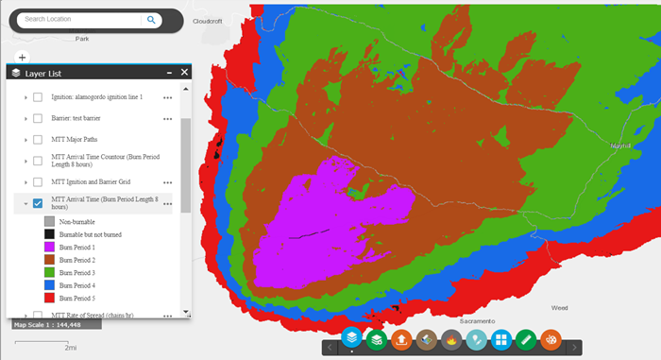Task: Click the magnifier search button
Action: [x=151, y=19]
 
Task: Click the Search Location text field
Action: [x=80, y=19]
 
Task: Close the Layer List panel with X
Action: [x=184, y=72]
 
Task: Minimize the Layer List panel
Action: [x=169, y=72]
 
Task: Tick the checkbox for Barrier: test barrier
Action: [x=38, y=118]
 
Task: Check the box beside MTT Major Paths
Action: [x=38, y=139]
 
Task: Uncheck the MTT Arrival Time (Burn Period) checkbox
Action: [x=38, y=202]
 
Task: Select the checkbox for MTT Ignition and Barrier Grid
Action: [x=38, y=181]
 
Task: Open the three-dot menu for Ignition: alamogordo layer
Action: [x=168, y=97]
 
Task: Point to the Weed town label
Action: [x=560, y=307]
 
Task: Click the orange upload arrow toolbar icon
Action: [x=401, y=339]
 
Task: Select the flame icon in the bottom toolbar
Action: [x=451, y=339]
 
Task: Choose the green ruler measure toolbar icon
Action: [x=526, y=339]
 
